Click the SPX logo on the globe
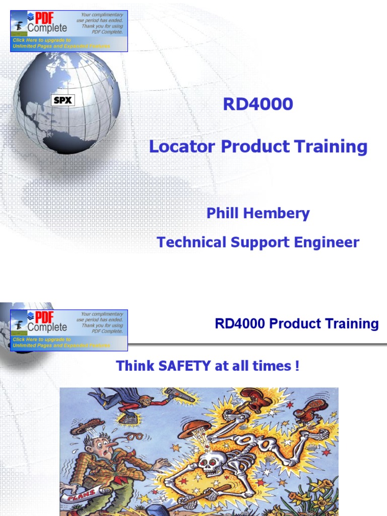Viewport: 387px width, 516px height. (x=63, y=100)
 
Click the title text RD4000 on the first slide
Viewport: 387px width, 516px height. (x=257, y=104)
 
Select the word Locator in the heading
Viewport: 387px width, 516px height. (x=182, y=147)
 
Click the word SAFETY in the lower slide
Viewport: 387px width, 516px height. (x=179, y=366)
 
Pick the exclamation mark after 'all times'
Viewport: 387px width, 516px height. (x=296, y=366)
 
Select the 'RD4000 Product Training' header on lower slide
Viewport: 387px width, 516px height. (x=296, y=324)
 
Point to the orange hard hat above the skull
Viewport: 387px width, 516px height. (x=194, y=428)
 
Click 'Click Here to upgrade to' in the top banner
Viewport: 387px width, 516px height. (x=42, y=40)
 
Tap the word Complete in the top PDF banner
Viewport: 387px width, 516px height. (x=47, y=28)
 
